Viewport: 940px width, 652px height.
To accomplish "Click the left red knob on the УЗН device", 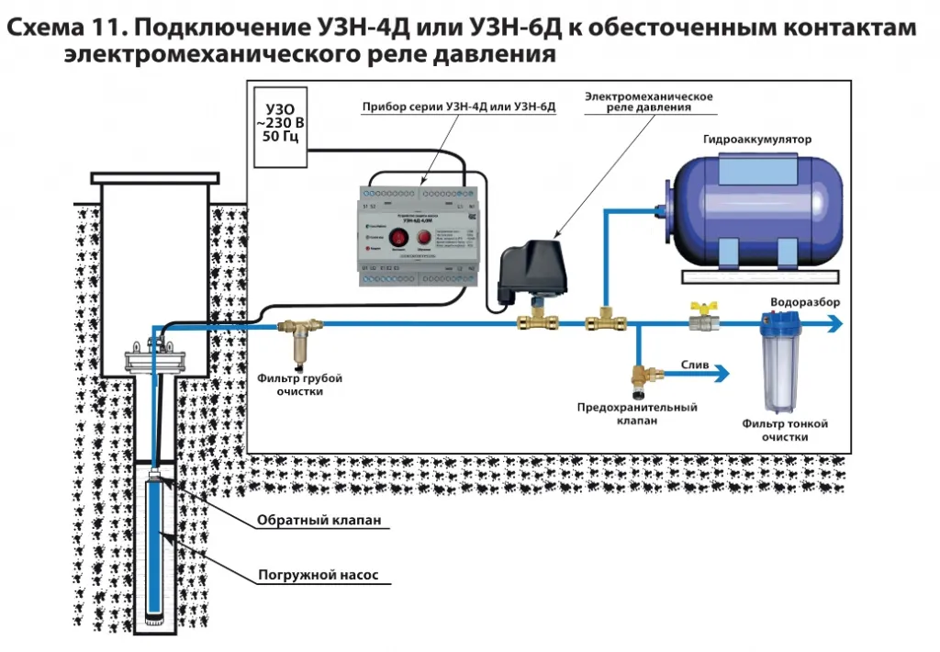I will click(x=398, y=239).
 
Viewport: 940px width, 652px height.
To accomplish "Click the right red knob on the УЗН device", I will click(x=425, y=239).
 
